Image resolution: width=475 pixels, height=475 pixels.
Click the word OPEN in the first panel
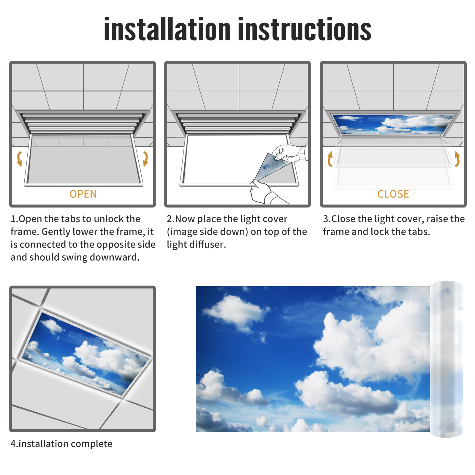(83, 194)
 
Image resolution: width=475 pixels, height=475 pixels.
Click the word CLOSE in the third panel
(393, 194)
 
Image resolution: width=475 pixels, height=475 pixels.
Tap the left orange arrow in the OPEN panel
(19, 159)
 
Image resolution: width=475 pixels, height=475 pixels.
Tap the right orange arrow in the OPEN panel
(145, 159)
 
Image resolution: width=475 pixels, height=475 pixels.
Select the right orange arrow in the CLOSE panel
(457, 159)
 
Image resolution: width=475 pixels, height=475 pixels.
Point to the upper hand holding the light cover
(289, 153)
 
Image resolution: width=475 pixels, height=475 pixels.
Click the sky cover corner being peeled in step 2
(272, 168)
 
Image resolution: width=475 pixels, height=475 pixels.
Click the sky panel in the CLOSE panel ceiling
(393, 124)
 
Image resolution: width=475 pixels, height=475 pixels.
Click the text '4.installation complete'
(61, 444)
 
